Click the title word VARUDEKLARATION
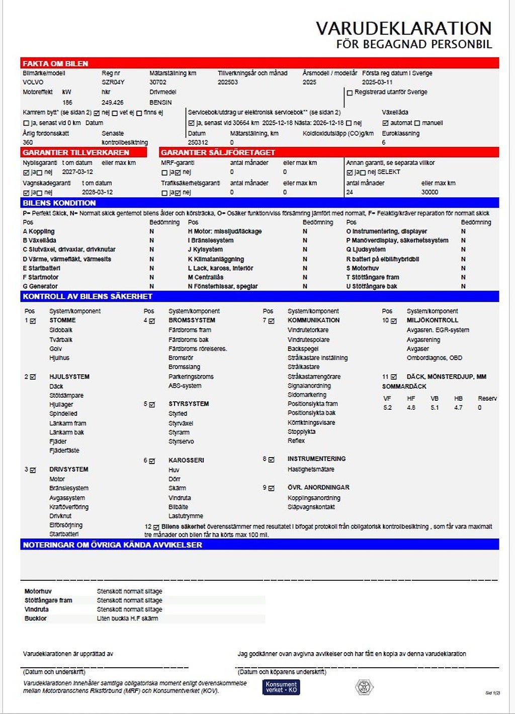click(403, 28)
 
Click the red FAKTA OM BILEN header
click(55, 63)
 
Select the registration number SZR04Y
click(113, 82)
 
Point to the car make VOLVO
click(33, 82)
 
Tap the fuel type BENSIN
click(160, 102)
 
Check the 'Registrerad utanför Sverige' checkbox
click(350, 93)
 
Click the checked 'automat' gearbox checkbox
click(385, 123)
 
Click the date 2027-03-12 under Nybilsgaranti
click(77, 172)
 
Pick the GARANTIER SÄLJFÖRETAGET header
click(218, 152)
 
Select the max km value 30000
click(430, 192)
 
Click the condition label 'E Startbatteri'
click(41, 268)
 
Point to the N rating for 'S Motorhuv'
click(463, 268)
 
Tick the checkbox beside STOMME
click(33, 321)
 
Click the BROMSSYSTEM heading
click(192, 320)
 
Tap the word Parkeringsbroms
click(191, 377)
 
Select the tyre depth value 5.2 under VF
click(387, 408)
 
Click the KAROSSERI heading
click(186, 460)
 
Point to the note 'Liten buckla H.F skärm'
click(127, 618)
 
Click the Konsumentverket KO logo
click(281, 687)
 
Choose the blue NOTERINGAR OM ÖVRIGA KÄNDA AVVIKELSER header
click(112, 545)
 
